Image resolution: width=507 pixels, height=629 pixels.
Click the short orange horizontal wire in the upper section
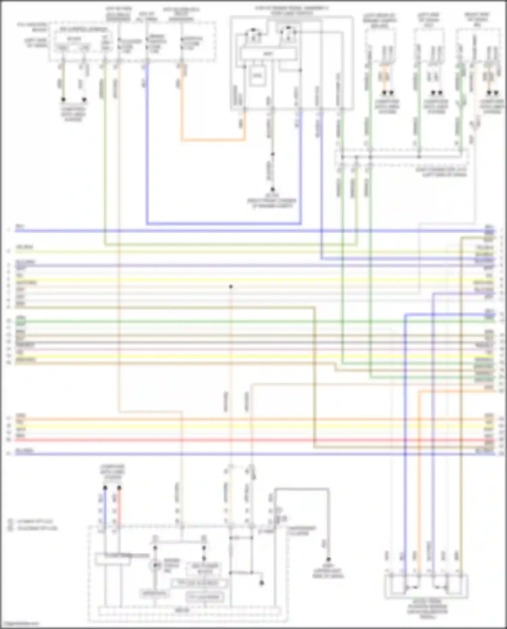click(x=213, y=140)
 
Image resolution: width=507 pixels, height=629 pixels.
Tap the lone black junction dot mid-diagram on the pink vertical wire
click(x=231, y=287)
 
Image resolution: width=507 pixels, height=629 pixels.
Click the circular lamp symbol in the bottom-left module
click(x=155, y=565)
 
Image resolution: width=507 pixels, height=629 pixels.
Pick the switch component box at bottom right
click(x=426, y=586)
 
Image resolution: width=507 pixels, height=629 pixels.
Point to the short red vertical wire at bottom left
click(x=119, y=507)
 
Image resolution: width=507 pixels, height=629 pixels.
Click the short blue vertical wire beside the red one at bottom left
click(x=105, y=507)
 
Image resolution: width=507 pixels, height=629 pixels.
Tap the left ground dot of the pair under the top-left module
click(x=63, y=100)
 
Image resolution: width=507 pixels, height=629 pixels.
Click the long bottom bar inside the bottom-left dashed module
click(x=189, y=611)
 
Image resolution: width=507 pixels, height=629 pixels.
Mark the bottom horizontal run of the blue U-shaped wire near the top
click(x=223, y=223)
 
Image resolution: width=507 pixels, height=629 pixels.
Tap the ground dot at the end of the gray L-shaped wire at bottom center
click(x=328, y=559)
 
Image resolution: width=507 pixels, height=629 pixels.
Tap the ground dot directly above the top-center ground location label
click(x=272, y=190)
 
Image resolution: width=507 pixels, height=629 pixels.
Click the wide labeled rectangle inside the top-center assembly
click(x=268, y=54)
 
